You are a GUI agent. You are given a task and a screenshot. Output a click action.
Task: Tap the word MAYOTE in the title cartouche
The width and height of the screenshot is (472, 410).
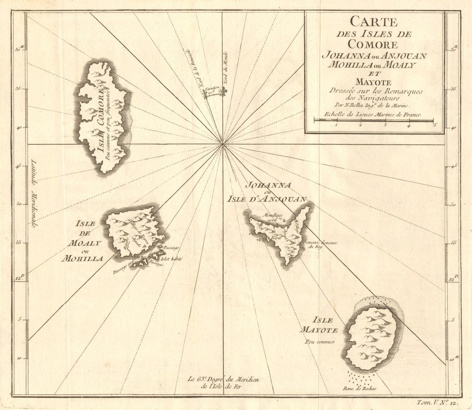374,82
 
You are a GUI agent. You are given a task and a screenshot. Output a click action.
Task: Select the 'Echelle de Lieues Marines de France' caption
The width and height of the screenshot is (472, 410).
367,115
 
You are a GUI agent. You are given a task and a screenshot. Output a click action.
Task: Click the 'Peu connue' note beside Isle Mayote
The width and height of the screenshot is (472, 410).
320,342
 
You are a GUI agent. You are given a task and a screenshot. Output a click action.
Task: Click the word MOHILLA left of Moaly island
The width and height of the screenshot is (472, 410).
82,259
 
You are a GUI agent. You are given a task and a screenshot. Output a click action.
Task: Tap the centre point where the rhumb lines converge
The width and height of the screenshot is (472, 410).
223,144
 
